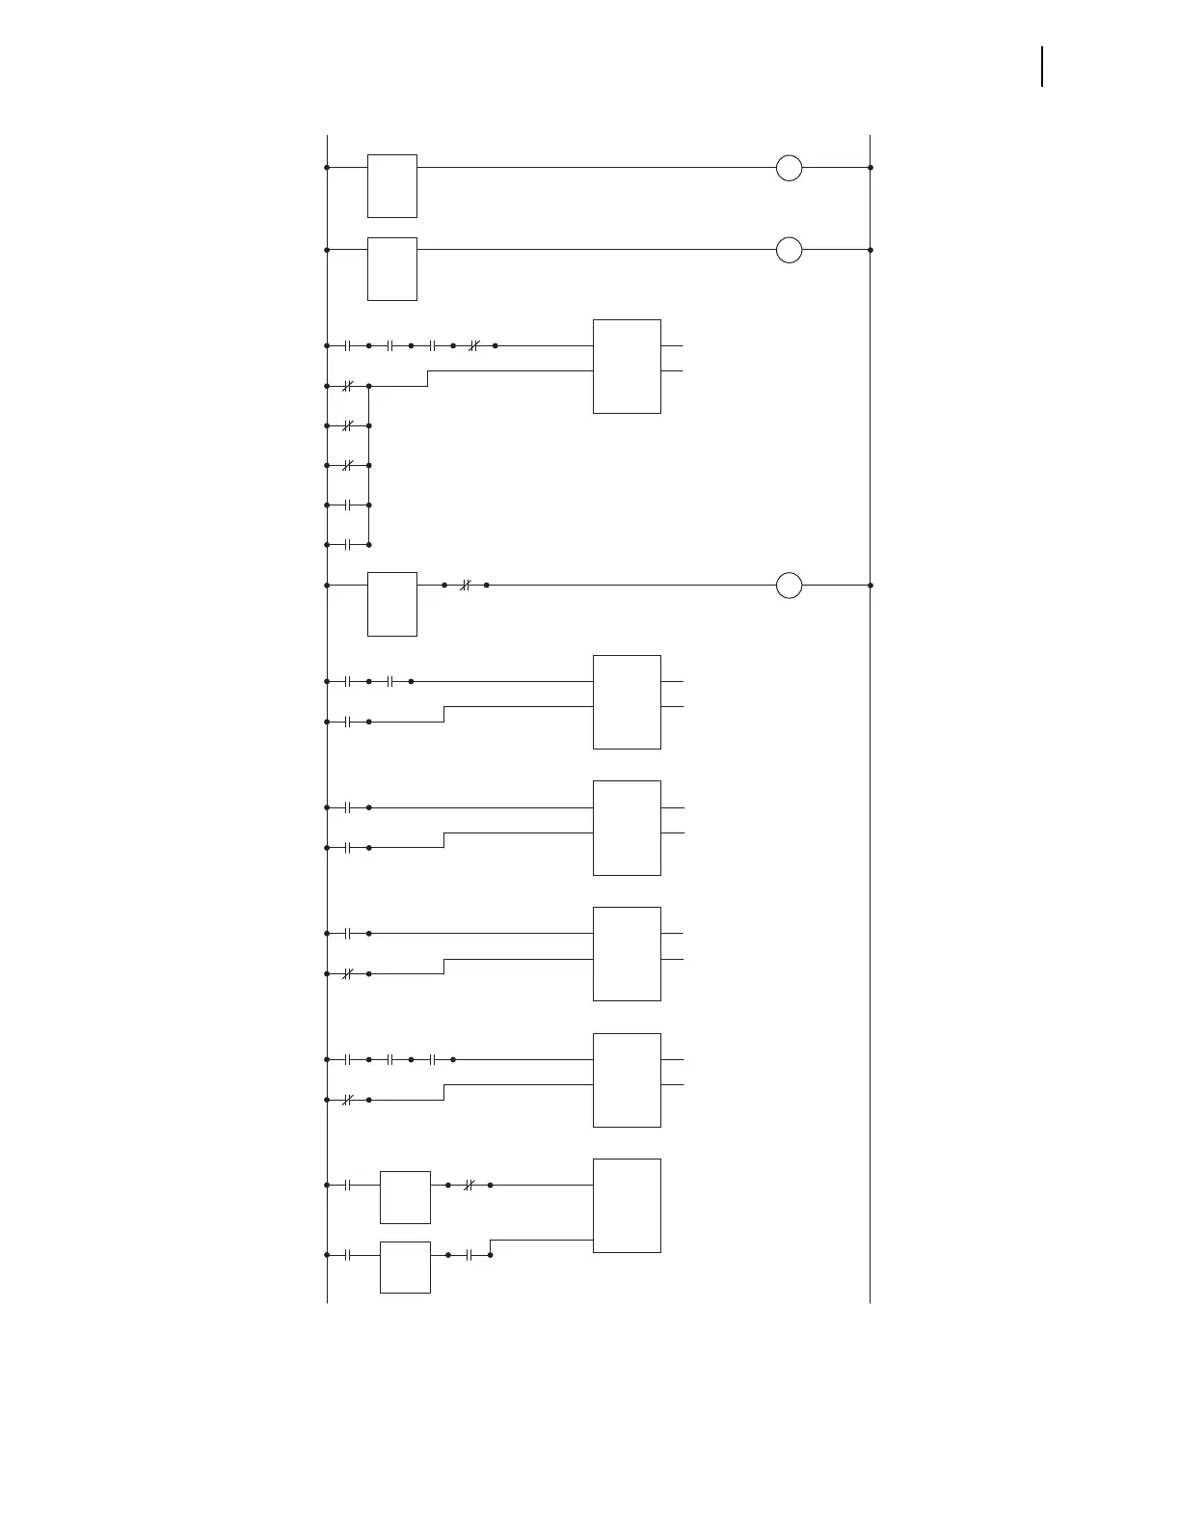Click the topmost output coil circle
tap(789, 168)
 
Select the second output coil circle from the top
tap(789, 250)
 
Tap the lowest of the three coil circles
tap(789, 586)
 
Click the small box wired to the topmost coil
tap(391, 185)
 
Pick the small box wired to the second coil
tap(391, 268)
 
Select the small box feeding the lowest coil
tap(391, 604)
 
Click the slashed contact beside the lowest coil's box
tap(465, 586)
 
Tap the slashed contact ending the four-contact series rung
tap(473, 345)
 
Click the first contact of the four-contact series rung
tap(347, 345)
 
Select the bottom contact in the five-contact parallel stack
tap(347, 545)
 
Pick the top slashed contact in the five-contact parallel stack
tap(347, 386)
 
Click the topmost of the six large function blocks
tap(627, 367)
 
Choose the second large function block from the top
tap(627, 702)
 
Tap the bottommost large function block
tap(627, 1206)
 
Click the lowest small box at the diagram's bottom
tap(405, 1268)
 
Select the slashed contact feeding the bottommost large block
tap(469, 1185)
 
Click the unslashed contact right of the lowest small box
tap(469, 1255)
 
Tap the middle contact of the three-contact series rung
tap(389, 1059)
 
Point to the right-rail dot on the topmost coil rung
tap(871, 168)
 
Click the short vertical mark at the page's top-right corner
tap(1042, 67)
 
